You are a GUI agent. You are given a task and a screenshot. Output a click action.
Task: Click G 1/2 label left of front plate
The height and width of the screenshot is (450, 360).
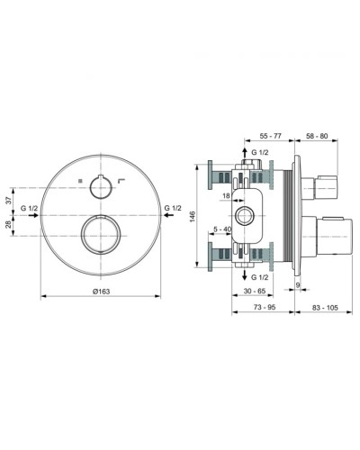click(29, 209)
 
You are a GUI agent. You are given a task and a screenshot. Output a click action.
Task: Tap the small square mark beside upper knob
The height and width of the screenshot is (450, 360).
click(80, 183)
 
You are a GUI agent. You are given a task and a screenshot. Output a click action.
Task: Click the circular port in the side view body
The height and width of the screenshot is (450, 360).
click(245, 216)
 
